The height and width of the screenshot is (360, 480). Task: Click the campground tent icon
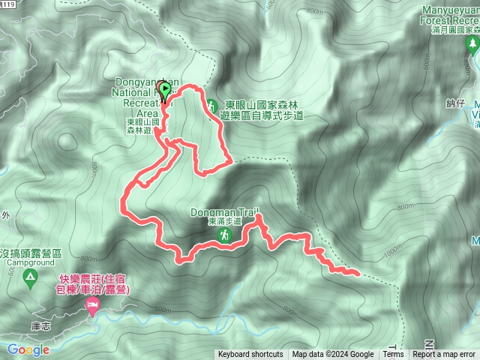coord(30,279)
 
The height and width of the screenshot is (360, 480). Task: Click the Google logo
coord(28,349)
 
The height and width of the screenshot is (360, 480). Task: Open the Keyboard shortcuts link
coord(250,355)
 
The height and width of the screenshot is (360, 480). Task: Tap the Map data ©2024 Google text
coord(333,355)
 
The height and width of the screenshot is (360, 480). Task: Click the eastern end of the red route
coord(357,274)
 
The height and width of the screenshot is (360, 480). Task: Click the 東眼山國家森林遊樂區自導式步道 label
coord(262,111)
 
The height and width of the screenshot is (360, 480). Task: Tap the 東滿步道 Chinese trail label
coord(225,222)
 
